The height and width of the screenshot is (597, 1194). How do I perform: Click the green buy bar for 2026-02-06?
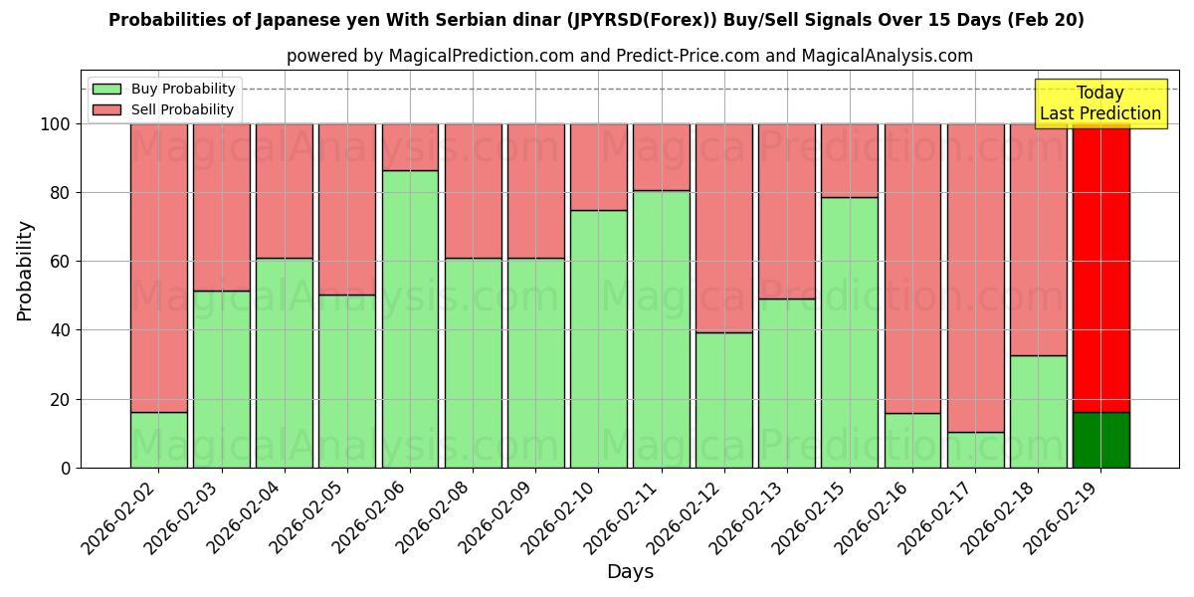click(x=410, y=318)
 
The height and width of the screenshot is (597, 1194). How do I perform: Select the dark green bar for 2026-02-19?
click(x=1100, y=440)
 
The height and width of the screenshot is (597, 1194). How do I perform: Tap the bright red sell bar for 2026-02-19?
click(x=1100, y=269)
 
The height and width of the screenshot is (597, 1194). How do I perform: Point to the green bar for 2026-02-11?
click(x=662, y=328)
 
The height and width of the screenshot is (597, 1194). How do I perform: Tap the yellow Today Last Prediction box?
click(x=1100, y=103)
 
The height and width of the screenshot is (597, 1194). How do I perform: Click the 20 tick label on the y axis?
click(x=60, y=400)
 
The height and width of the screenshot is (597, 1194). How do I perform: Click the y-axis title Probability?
click(x=26, y=271)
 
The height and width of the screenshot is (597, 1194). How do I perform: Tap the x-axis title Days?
click(x=630, y=572)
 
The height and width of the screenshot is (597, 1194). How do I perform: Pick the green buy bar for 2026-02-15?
click(x=850, y=332)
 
